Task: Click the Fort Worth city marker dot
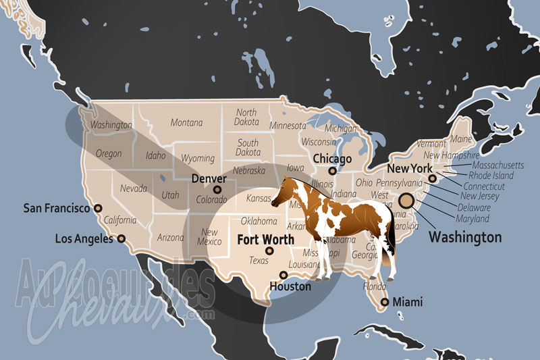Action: [270, 251]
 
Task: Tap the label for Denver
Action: [209, 178]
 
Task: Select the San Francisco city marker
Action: [98, 209]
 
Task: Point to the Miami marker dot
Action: [384, 302]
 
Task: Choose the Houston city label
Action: [290, 286]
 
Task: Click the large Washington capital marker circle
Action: [406, 201]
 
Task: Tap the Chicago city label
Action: [331, 159]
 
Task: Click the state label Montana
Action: [186, 123]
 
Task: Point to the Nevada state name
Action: [134, 189]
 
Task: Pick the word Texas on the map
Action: [259, 261]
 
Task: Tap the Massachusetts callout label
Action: [497, 165]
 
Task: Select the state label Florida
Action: [374, 286]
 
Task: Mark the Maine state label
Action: [461, 139]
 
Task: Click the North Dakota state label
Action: [246, 117]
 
